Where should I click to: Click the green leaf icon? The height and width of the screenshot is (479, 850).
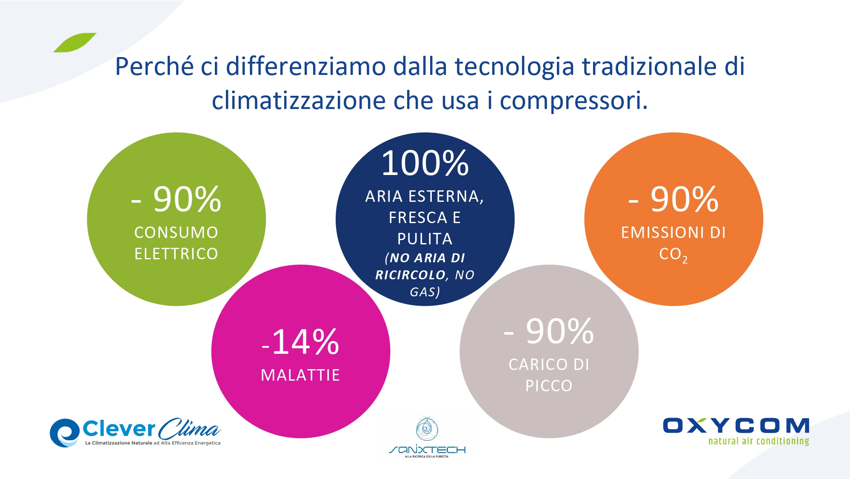[x=75, y=43]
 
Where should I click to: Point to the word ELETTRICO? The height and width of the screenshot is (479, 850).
[x=176, y=254]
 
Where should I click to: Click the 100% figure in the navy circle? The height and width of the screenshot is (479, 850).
[x=425, y=163]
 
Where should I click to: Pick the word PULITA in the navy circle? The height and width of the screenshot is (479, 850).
[x=425, y=239]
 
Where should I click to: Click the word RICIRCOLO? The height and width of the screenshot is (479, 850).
[x=410, y=275]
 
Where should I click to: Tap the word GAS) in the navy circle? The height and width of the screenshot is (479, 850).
[x=425, y=292]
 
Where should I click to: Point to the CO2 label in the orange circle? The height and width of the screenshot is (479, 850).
[x=673, y=255]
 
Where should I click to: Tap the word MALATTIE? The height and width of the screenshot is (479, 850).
[x=300, y=375]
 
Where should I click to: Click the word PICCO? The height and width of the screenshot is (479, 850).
[x=549, y=386]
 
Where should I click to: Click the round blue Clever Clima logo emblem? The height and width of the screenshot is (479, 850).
[x=65, y=433]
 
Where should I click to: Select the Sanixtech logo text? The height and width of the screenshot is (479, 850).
[x=427, y=450]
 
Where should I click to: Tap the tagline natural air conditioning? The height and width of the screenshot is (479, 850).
[x=759, y=441]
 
